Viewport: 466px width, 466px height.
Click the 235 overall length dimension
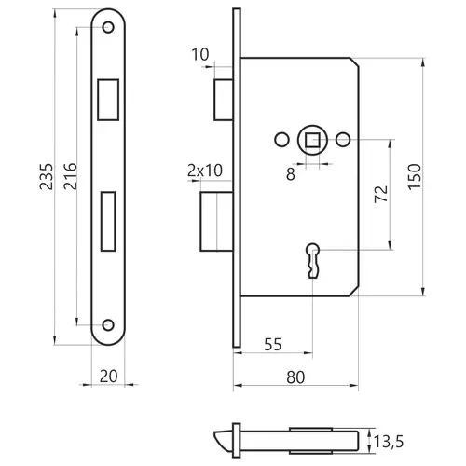coord(46,176)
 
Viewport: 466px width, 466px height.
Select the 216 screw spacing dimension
coord(70,176)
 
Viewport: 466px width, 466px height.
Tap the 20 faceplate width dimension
coord(108,377)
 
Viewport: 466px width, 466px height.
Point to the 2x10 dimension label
coord(205,171)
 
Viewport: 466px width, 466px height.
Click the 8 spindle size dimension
coord(291,174)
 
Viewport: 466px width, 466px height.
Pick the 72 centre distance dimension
coord(381,194)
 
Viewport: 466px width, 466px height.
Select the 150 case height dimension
coord(414,177)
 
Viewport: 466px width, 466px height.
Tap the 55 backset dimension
coord(273,344)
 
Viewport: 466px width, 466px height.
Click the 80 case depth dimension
coord(295,377)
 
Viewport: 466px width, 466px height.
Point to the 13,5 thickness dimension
coord(389,442)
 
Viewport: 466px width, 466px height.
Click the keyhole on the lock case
coord(313,260)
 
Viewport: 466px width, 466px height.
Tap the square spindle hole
coord(312,140)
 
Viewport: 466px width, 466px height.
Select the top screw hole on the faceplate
coord(108,27)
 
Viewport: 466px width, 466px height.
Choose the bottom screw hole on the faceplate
coord(108,325)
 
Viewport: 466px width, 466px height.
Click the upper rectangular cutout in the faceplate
coord(108,100)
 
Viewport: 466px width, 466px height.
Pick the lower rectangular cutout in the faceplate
coord(108,221)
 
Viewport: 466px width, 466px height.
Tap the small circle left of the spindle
coord(281,140)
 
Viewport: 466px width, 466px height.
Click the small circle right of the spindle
coord(343,140)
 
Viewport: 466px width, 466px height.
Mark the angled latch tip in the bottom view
coord(223,441)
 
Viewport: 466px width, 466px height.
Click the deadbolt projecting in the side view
coord(216,221)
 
